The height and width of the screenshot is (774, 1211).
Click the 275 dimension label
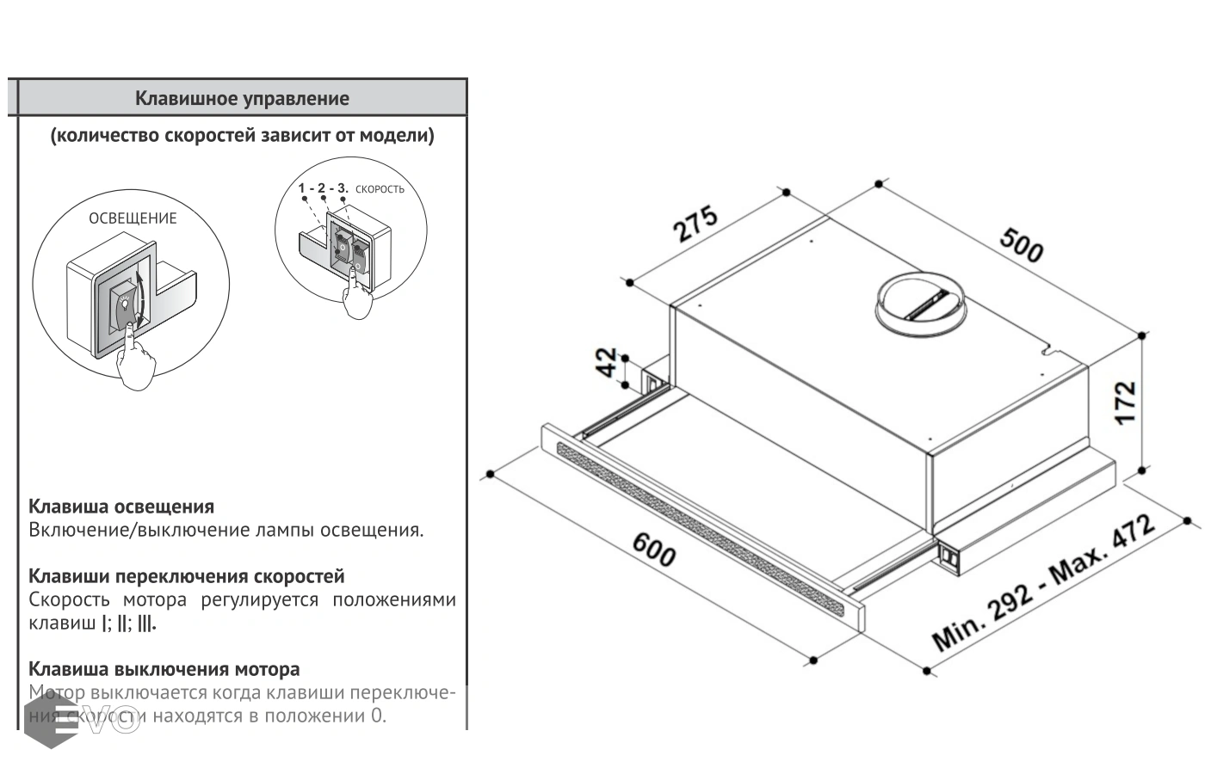695,224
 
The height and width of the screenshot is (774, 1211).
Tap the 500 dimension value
1022,244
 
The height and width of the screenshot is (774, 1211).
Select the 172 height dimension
1125,402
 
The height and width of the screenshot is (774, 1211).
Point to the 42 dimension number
608,362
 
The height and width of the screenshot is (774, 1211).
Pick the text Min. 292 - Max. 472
1043,584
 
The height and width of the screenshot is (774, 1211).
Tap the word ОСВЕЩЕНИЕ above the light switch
133,218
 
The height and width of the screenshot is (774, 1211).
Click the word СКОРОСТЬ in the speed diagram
380,189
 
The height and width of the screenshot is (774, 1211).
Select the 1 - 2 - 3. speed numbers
323,187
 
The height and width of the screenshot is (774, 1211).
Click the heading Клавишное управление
242,98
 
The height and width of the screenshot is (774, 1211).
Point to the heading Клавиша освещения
121,507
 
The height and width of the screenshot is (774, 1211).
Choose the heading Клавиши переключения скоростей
186,576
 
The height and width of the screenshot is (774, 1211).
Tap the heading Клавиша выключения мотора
164,669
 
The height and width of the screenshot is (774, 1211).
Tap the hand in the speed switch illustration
355,297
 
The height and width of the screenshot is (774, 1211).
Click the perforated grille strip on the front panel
701,528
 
